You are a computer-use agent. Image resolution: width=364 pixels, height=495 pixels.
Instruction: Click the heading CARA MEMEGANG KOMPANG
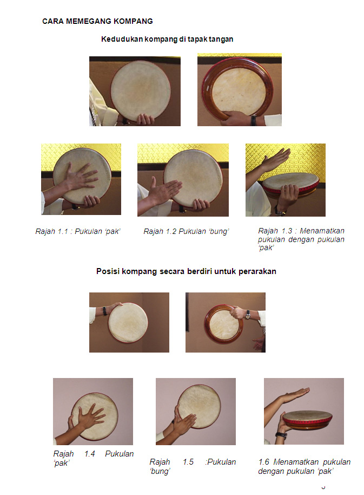tap(97, 21)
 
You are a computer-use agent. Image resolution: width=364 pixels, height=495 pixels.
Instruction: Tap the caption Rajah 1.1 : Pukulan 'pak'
tap(78, 231)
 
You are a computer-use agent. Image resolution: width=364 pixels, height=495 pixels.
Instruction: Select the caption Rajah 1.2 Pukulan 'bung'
tap(186, 231)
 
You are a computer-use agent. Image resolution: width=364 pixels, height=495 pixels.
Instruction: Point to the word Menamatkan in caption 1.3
tap(322, 231)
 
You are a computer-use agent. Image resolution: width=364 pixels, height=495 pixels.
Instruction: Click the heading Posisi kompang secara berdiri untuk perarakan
tap(186, 271)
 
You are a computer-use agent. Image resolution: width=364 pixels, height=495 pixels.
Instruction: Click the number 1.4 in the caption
tap(89, 454)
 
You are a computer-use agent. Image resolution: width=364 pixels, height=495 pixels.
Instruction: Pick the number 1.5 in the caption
tap(188, 462)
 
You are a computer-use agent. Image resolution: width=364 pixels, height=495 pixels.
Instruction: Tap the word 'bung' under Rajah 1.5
tap(160, 471)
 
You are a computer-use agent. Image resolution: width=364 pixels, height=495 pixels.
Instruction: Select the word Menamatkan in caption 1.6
tap(296, 462)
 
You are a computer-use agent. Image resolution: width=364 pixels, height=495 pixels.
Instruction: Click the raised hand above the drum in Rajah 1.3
tap(275, 159)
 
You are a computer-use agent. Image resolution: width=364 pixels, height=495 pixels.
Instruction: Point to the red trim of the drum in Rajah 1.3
tap(290, 188)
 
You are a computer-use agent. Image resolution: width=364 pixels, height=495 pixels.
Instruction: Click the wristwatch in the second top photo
tap(253, 120)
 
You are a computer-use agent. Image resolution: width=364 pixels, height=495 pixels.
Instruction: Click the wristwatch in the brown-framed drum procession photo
tap(248, 315)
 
